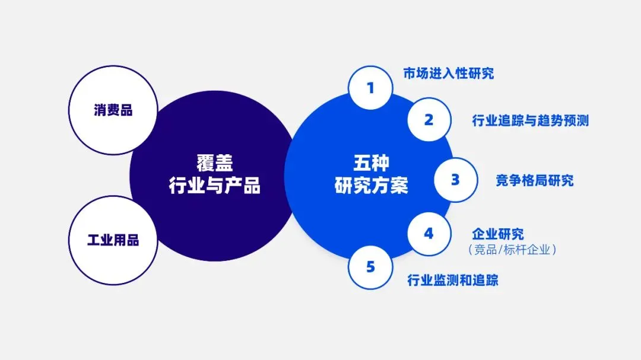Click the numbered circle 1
pos(370,88)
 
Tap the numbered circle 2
pos(429,120)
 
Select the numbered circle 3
pos(455,180)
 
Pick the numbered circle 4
pos(429,234)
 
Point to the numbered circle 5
pos(370,267)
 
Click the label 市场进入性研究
pos(448,74)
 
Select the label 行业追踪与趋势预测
pos(530,120)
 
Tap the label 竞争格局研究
pos(534,180)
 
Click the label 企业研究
pos(497,234)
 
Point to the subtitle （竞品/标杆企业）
pos(512,250)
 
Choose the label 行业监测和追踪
pos(452,280)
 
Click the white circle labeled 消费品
pos(113,110)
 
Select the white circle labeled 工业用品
pos(113,240)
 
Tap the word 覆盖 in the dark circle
pos(214,162)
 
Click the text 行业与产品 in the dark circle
pos(214,186)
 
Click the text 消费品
pos(113,110)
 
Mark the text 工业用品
pos(113,240)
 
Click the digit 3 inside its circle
pos(455,180)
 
